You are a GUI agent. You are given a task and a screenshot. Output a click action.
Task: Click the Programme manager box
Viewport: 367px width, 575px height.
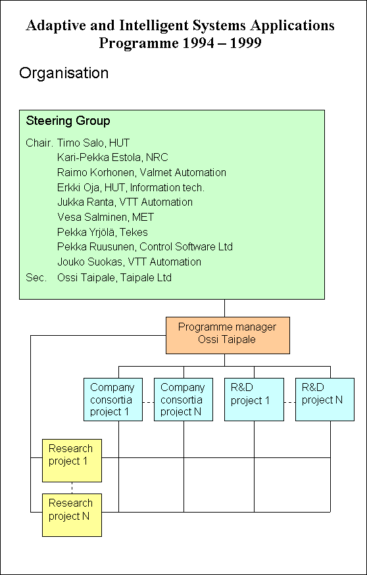pyautogui.click(x=228, y=335)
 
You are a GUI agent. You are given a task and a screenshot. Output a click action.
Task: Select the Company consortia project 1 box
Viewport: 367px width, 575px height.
pyautogui.click(x=113, y=400)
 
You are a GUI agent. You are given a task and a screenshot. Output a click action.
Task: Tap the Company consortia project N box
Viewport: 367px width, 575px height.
pyautogui.click(x=183, y=400)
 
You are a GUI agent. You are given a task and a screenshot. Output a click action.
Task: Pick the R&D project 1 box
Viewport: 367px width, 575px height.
pyautogui.click(x=254, y=400)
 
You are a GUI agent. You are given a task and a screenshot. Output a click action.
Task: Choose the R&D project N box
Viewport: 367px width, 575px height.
pyautogui.click(x=325, y=400)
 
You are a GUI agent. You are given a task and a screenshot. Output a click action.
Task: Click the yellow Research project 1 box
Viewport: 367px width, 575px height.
pyautogui.click(x=72, y=460)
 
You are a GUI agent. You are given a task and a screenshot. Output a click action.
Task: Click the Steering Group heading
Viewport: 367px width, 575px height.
pyautogui.click(x=68, y=121)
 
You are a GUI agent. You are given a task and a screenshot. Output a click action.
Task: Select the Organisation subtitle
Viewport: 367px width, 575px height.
pyautogui.click(x=64, y=73)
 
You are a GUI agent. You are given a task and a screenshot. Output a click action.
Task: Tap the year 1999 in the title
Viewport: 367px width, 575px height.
pyautogui.click(x=245, y=43)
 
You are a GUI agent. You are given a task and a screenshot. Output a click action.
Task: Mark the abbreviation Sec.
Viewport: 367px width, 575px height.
pyautogui.click(x=36, y=277)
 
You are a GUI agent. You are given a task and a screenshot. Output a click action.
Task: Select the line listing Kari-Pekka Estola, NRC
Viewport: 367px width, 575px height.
pyautogui.click(x=112, y=157)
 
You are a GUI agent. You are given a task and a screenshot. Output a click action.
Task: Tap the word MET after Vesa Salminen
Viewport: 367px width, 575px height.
pyautogui.click(x=143, y=217)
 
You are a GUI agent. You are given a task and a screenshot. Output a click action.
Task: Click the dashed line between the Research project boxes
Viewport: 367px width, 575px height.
pyautogui.click(x=72, y=488)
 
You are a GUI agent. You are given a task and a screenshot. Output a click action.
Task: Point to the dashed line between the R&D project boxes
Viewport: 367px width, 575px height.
pyautogui.click(x=289, y=402)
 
